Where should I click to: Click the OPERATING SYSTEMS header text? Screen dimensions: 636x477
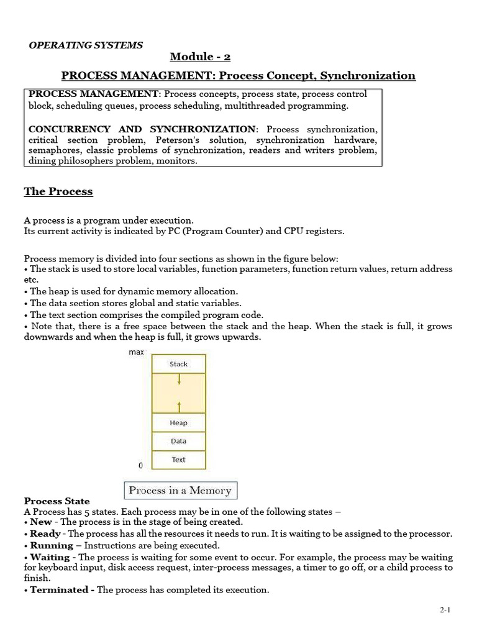point(86,45)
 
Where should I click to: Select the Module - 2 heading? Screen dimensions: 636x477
point(200,58)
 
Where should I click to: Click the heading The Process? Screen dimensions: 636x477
point(58,191)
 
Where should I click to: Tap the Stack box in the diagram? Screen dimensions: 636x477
point(179,364)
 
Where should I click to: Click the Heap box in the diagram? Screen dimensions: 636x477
point(179,423)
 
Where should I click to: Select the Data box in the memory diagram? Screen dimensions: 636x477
point(179,442)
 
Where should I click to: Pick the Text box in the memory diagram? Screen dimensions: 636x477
point(179,460)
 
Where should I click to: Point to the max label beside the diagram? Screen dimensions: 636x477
point(136,353)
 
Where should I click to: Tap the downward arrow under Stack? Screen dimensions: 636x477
point(179,379)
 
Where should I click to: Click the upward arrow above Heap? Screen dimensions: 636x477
point(179,406)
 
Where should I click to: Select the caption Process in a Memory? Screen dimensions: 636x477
point(179,491)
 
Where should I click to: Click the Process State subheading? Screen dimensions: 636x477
point(57,501)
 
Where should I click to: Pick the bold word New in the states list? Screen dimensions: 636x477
point(41,522)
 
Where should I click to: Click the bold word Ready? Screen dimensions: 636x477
point(45,534)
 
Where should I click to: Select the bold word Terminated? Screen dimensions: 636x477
point(59,590)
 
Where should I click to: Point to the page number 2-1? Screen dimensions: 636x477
point(445,611)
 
